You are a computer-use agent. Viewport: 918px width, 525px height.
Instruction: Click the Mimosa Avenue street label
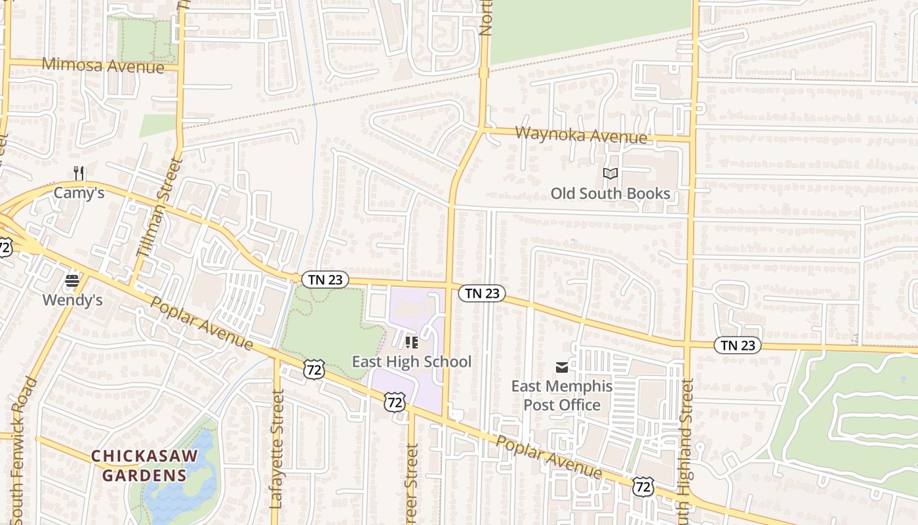(103, 66)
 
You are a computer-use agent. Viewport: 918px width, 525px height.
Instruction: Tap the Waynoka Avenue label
(581, 135)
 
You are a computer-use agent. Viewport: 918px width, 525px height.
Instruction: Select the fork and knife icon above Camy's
(79, 173)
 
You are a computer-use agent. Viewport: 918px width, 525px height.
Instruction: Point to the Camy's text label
(79, 193)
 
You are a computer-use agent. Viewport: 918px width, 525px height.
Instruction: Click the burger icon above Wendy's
(72, 282)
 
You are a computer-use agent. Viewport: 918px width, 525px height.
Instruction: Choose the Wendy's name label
(72, 300)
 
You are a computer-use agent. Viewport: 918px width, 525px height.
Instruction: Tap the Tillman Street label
(158, 207)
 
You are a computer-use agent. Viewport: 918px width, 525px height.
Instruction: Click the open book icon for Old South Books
(610, 174)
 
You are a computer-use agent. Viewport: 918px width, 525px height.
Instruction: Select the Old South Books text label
(610, 194)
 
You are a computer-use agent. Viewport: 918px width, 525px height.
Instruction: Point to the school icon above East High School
(412, 342)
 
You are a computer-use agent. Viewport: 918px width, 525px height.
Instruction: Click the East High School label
(412, 362)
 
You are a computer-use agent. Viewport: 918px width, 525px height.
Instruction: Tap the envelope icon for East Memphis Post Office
(562, 367)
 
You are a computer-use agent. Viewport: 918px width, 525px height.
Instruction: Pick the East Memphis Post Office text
(562, 395)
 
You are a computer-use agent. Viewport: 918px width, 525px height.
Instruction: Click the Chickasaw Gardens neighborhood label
(138, 465)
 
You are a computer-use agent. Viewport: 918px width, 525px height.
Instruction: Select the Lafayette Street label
(276, 450)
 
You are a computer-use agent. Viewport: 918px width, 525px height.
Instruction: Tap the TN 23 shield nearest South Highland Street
(737, 345)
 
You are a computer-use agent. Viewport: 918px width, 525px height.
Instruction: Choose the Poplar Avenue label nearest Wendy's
(201, 323)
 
